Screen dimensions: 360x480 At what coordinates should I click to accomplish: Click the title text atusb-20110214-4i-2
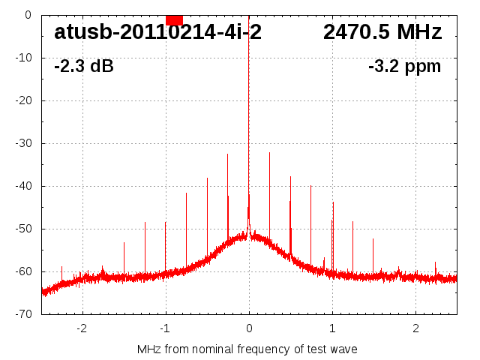(x=157, y=32)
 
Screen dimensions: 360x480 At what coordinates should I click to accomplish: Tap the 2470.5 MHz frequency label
(x=382, y=32)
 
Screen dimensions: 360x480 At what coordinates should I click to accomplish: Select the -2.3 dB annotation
(x=84, y=66)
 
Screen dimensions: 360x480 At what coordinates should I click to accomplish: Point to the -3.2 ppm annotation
(x=405, y=66)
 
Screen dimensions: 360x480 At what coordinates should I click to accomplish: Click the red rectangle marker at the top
(x=174, y=19)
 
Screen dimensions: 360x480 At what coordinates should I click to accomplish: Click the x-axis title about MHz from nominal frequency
(x=247, y=349)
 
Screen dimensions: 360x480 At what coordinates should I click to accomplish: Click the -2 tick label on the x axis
(x=82, y=328)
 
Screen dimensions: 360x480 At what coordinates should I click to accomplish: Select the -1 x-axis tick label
(x=165, y=328)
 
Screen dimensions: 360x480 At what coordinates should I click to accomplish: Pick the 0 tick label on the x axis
(x=249, y=328)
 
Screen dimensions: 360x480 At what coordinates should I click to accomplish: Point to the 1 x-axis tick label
(x=332, y=328)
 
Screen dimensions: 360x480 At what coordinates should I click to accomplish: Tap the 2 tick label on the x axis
(x=415, y=328)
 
